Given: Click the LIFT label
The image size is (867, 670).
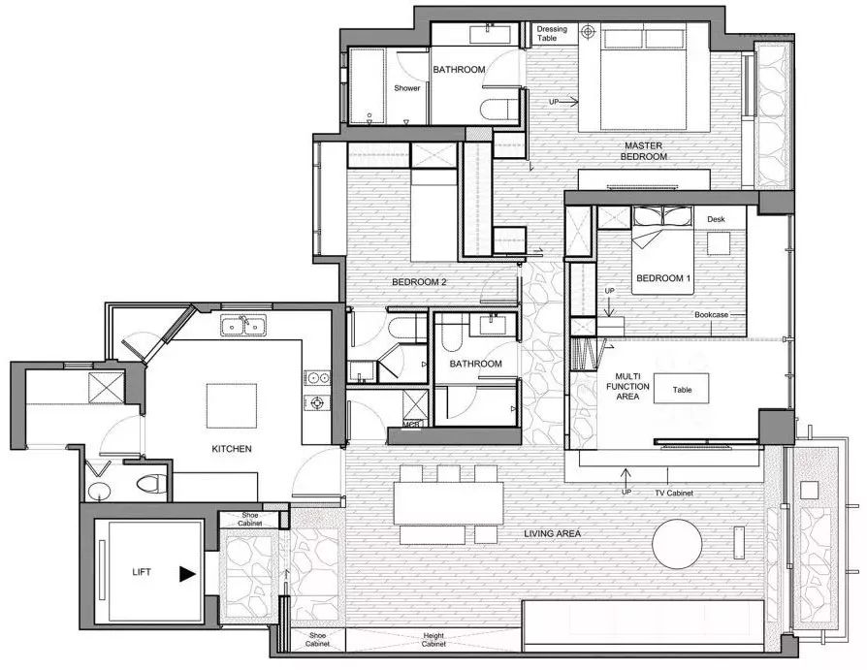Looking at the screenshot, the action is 142,572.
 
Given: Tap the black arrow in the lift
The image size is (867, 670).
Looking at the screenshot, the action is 187,574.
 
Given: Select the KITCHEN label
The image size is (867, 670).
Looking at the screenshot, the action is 232,449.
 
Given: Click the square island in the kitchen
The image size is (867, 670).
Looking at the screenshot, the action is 232,405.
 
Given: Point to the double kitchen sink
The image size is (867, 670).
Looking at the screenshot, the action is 243,326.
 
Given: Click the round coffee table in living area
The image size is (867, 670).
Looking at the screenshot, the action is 677,543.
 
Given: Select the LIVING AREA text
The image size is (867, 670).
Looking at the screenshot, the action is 552,533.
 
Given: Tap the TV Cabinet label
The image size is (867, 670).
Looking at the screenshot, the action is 673,493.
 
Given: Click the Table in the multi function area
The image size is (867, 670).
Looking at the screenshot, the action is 682,389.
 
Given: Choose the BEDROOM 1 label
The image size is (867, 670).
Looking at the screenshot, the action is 663,278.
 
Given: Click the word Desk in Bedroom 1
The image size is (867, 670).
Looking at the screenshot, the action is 716,219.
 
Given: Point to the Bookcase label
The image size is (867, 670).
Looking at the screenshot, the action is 712,314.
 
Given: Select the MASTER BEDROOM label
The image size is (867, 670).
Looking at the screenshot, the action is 644,151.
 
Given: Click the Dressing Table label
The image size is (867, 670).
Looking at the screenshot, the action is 552,33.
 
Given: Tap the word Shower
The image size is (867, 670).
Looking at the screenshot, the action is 407,88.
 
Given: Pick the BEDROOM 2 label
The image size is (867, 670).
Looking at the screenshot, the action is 419,282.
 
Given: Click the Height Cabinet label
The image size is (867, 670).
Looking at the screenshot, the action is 433,640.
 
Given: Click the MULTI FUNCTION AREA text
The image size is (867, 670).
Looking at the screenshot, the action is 627,387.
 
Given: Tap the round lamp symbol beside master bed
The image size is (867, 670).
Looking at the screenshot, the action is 588,32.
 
